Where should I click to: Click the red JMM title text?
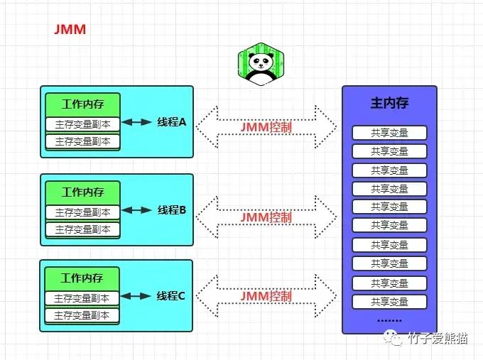pyautogui.click(x=70, y=31)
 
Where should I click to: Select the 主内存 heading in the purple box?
pyautogui.click(x=389, y=104)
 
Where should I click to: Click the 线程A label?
pyautogui.click(x=171, y=122)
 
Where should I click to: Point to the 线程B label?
pyautogui.click(x=171, y=210)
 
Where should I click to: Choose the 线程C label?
pyautogui.click(x=170, y=296)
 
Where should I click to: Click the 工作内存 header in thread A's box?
pyautogui.click(x=83, y=104)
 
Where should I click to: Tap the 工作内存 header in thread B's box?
pyautogui.click(x=83, y=192)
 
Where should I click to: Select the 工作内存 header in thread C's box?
pyautogui.click(x=82, y=278)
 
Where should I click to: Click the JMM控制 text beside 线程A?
pyautogui.click(x=266, y=127)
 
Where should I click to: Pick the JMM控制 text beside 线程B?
pyautogui.click(x=266, y=217)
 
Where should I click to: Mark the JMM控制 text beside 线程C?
pyautogui.click(x=266, y=295)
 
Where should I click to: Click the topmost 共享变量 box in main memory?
pyautogui.click(x=389, y=133)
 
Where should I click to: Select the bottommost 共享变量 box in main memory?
pyautogui.click(x=389, y=301)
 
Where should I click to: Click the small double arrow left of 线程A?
pyautogui.click(x=136, y=122)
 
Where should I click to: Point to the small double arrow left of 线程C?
pyautogui.click(x=136, y=296)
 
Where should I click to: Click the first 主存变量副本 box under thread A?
pyautogui.click(x=83, y=124)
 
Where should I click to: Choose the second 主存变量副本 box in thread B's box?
pyautogui.click(x=83, y=229)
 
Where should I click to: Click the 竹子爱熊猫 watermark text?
pyautogui.click(x=438, y=339)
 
